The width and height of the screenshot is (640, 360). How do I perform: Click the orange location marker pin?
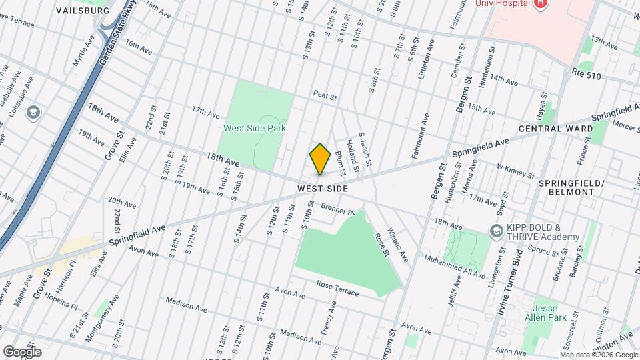(x=321, y=159)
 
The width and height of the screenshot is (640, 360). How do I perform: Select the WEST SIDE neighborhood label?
(x=323, y=189)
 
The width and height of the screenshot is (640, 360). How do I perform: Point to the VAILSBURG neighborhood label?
(x=83, y=11)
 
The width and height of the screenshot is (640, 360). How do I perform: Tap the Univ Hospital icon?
(x=541, y=3)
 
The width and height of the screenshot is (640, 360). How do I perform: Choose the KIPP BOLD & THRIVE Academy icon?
(x=496, y=231)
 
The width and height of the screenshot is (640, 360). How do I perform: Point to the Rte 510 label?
(x=586, y=76)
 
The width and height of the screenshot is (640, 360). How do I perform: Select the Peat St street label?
(x=325, y=97)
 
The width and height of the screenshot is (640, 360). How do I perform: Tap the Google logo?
(x=21, y=351)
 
